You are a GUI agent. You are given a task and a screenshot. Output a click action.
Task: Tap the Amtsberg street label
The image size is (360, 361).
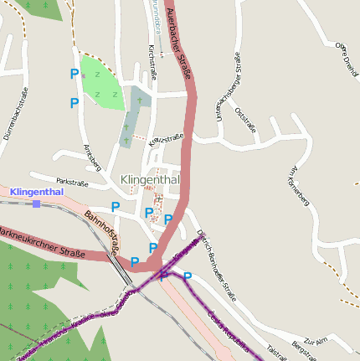click(92, 156)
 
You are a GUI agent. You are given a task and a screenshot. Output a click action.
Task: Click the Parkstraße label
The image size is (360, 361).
click(72, 181)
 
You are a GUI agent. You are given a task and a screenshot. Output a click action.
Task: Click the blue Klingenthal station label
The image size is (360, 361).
click(37, 192)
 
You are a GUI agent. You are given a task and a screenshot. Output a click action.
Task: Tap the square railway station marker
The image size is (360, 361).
click(36, 204)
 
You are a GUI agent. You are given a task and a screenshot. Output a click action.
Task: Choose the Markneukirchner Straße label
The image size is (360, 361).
click(42, 242)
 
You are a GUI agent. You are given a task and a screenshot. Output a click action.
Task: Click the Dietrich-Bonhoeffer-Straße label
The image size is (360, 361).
click(218, 265)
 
